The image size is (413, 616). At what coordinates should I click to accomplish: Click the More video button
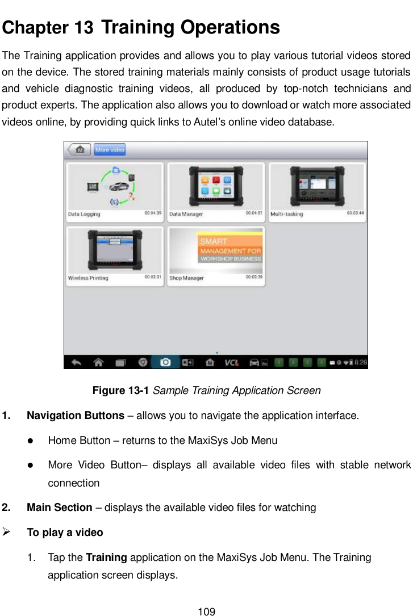tap(110, 150)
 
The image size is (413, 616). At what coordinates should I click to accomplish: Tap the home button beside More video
tap(79, 150)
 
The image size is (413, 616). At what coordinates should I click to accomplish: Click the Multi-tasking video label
tap(287, 214)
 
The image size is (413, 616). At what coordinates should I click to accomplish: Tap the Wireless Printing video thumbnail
tap(115, 250)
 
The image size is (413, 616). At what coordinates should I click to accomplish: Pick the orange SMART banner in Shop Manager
tap(230, 248)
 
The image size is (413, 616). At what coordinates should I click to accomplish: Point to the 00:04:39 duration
tap(153, 213)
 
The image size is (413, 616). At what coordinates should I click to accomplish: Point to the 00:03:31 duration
tap(153, 278)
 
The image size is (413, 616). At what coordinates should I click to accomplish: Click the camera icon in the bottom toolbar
tap(165, 362)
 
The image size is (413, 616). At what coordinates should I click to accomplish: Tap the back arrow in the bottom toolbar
tap(76, 362)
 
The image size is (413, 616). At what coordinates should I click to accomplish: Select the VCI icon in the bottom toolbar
tap(231, 362)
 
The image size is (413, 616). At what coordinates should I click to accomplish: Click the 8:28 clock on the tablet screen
tap(361, 362)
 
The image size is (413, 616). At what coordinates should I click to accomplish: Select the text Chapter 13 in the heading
tap(48, 27)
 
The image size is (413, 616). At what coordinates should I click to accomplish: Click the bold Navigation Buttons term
tap(76, 416)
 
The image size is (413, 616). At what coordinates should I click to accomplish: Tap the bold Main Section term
tap(60, 507)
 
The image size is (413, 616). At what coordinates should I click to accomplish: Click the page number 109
tap(206, 611)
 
